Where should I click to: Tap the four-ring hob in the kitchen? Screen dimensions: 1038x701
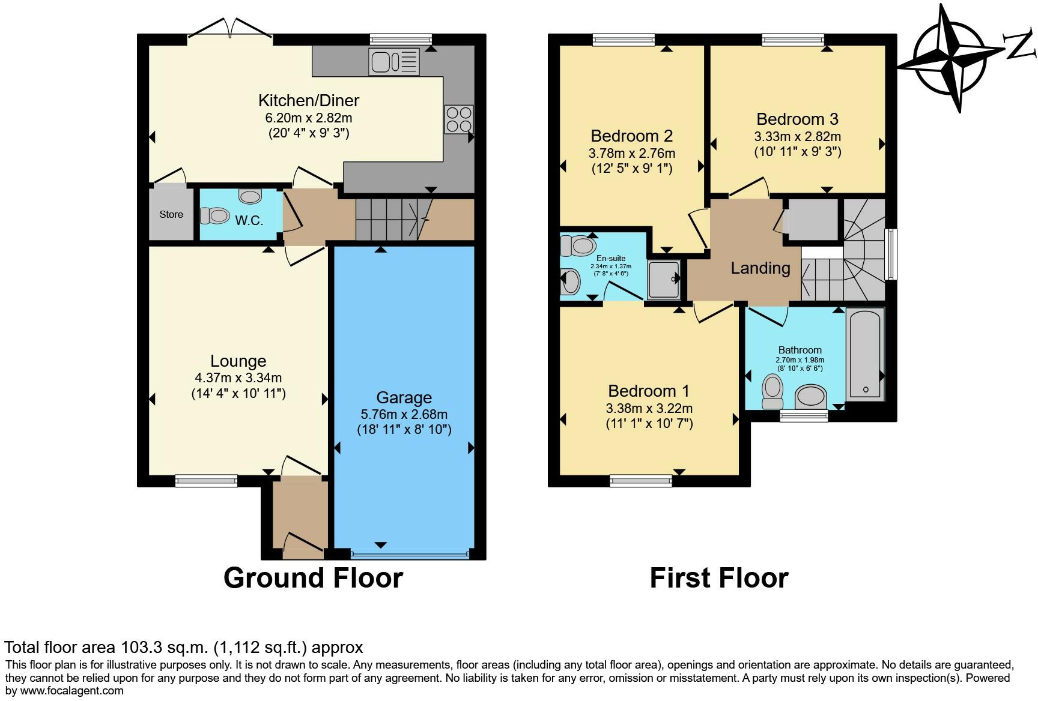[x=458, y=119]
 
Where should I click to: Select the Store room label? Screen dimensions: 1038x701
[x=171, y=214]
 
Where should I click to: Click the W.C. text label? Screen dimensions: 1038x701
[x=249, y=220]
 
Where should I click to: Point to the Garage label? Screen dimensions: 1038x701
[x=404, y=398]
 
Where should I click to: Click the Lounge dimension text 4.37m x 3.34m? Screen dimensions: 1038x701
[x=238, y=378]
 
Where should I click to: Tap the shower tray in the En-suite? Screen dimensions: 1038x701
[x=664, y=279]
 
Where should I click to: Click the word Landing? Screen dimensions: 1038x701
[x=760, y=268]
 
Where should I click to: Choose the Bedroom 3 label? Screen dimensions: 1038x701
[x=797, y=119]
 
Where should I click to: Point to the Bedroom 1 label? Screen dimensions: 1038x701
[x=649, y=391]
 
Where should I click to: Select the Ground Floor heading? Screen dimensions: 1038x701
[x=313, y=578]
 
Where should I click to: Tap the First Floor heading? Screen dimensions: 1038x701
[x=719, y=578]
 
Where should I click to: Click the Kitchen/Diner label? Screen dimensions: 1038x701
[x=309, y=100]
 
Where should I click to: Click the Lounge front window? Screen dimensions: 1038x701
[x=207, y=481]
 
